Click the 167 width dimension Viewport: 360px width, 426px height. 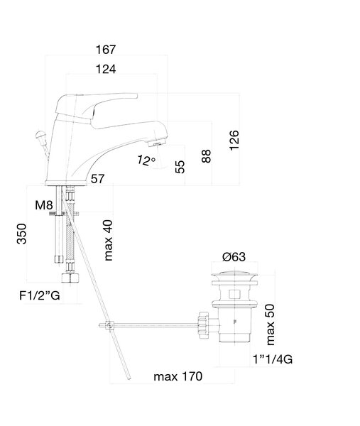pyautogui.click(x=106, y=50)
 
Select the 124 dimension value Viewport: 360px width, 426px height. pyautogui.click(x=106, y=70)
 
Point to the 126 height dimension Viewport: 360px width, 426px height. pyautogui.click(x=234, y=140)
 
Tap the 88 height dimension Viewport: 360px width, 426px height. pyautogui.click(x=206, y=156)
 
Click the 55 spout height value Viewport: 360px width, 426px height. pyautogui.click(x=180, y=167)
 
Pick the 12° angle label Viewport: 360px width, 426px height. pyautogui.click(x=146, y=160)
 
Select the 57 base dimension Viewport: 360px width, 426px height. pyautogui.click(x=97, y=179)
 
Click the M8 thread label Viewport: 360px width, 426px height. pyautogui.click(x=44, y=205)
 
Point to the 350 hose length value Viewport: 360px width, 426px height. pyautogui.click(x=22, y=234)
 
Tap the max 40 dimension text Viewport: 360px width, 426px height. pyautogui.click(x=108, y=240)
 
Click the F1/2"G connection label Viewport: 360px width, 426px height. pyautogui.click(x=39, y=295)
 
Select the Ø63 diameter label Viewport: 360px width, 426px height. pyautogui.click(x=234, y=257)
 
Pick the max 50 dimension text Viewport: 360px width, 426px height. pyautogui.click(x=271, y=324)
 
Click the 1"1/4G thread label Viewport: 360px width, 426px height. pyautogui.click(x=273, y=359)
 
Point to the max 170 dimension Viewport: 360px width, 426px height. pyautogui.click(x=178, y=376)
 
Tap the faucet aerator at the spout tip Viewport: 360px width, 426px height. pyautogui.click(x=156, y=143)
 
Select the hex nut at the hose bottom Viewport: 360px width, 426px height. pyautogui.click(x=70, y=278)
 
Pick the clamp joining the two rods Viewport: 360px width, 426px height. pyautogui.click(x=109, y=325)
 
